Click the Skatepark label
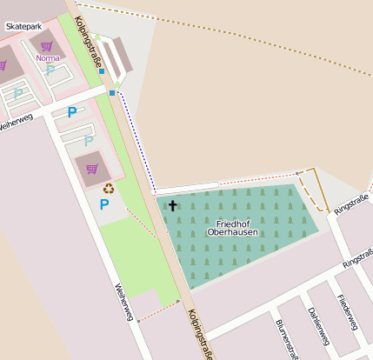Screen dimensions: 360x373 tap(23, 27)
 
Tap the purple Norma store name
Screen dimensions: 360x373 tap(48, 58)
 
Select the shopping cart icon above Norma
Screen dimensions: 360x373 tap(47, 46)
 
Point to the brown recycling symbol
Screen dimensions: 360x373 tap(109, 187)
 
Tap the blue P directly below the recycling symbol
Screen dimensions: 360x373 tap(104, 205)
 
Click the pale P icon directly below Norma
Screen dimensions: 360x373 tap(50, 70)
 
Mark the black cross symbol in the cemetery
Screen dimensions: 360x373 tap(172, 206)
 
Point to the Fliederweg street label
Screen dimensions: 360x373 tap(350, 312)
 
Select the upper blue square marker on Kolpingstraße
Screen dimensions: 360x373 tap(102, 72)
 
